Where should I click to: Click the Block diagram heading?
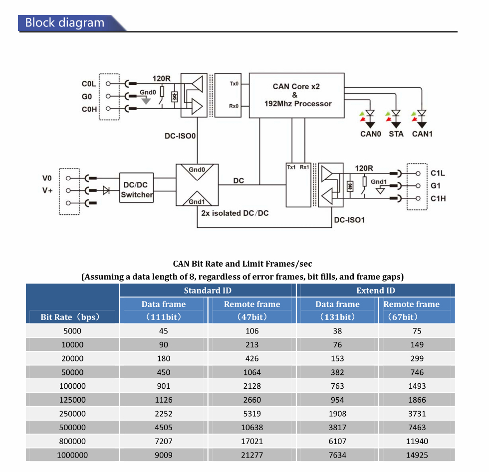click(x=65, y=23)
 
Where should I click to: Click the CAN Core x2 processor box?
click(x=296, y=95)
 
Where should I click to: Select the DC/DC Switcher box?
click(x=137, y=190)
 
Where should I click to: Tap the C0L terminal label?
click(x=89, y=84)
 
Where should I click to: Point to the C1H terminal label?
click(x=438, y=199)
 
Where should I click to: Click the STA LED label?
click(x=396, y=134)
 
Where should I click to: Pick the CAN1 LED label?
click(x=422, y=134)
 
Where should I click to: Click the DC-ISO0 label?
click(x=180, y=135)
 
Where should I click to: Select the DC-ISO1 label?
click(x=349, y=219)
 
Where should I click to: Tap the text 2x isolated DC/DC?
click(x=235, y=213)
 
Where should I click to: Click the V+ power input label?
click(x=47, y=190)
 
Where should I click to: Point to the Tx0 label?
click(x=234, y=84)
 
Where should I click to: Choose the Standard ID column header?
click(x=208, y=291)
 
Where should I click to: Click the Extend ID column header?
click(x=375, y=291)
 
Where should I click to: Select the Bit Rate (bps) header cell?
click(x=70, y=317)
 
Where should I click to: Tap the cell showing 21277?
click(x=252, y=455)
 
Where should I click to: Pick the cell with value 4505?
click(x=163, y=427)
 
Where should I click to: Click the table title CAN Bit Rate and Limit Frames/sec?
click(x=243, y=264)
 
